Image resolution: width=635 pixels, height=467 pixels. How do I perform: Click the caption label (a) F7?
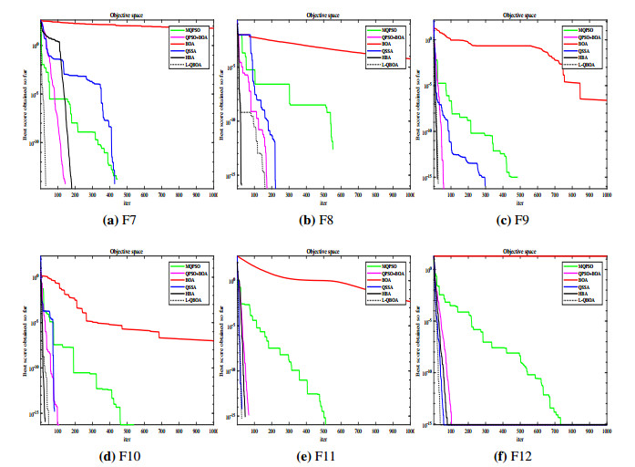(118, 221)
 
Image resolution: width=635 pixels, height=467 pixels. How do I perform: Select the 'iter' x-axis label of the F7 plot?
(126, 202)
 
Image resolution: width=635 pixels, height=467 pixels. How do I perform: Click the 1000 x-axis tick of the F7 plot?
(212, 193)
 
